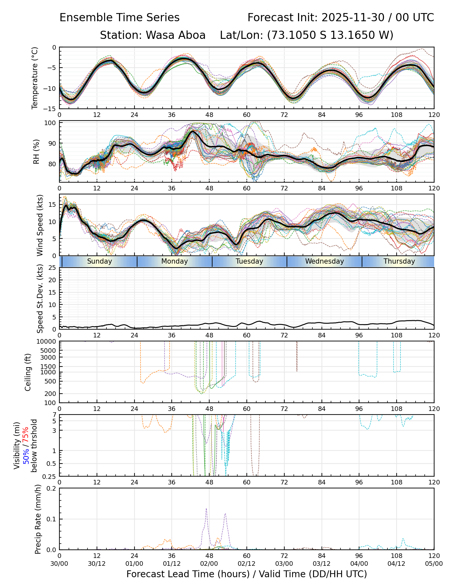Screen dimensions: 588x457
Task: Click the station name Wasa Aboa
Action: click(x=175, y=35)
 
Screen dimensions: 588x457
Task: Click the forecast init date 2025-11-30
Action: click(x=353, y=17)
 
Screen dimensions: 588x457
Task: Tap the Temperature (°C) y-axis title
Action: click(x=35, y=78)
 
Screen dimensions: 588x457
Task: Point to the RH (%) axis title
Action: click(x=36, y=151)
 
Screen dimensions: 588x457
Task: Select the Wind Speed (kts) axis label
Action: click(x=40, y=225)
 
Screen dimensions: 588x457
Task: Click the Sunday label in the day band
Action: click(x=100, y=261)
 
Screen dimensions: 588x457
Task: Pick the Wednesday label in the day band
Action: click(x=324, y=261)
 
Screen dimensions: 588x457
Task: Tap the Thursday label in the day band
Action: click(x=399, y=261)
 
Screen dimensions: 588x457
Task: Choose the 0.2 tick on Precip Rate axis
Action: click(x=52, y=488)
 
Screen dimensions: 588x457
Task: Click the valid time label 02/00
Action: click(x=209, y=563)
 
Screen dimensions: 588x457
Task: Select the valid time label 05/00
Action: click(x=434, y=563)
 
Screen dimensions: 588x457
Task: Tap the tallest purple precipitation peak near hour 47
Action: click(x=206, y=509)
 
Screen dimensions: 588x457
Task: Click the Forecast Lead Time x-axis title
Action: click(x=246, y=574)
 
